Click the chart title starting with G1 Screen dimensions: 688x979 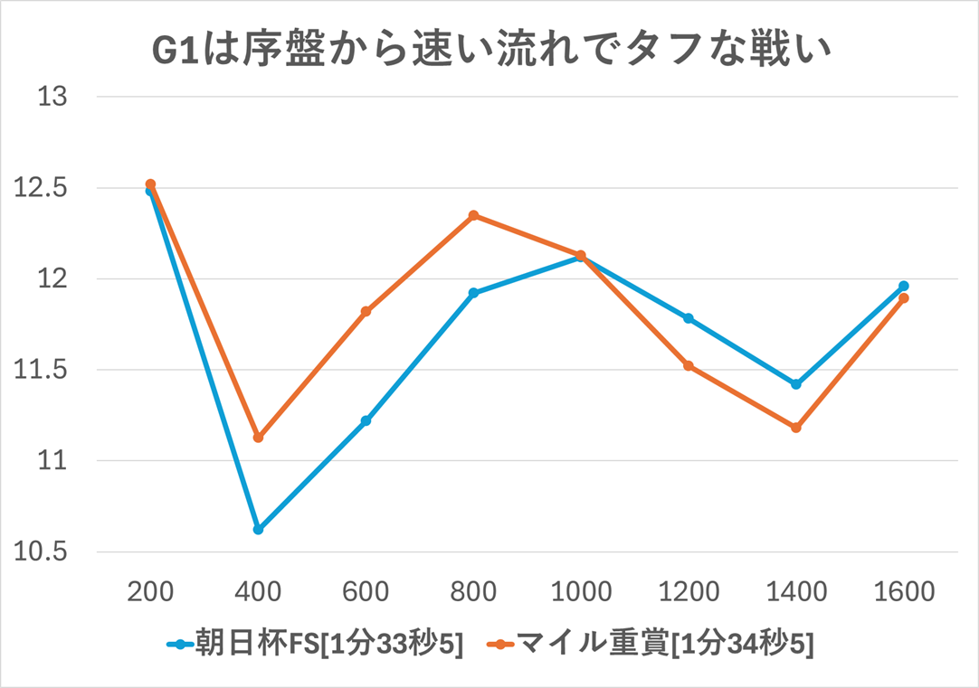click(489, 52)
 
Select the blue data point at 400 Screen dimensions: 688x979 click(258, 529)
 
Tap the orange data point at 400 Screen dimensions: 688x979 click(258, 438)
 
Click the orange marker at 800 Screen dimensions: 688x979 click(473, 215)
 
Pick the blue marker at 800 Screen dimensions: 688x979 click(473, 293)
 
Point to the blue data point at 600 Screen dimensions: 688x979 click(366, 420)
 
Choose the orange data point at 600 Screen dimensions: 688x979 click(366, 312)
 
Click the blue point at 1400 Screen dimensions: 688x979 click(796, 384)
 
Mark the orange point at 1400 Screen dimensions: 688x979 click(796, 428)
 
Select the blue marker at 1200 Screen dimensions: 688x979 click(689, 318)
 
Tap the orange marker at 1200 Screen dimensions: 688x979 click(689, 365)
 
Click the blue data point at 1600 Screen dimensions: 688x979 click(904, 286)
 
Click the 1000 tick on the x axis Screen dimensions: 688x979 click(581, 591)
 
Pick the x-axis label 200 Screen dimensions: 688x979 click(150, 591)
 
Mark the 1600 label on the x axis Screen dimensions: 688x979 click(904, 591)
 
